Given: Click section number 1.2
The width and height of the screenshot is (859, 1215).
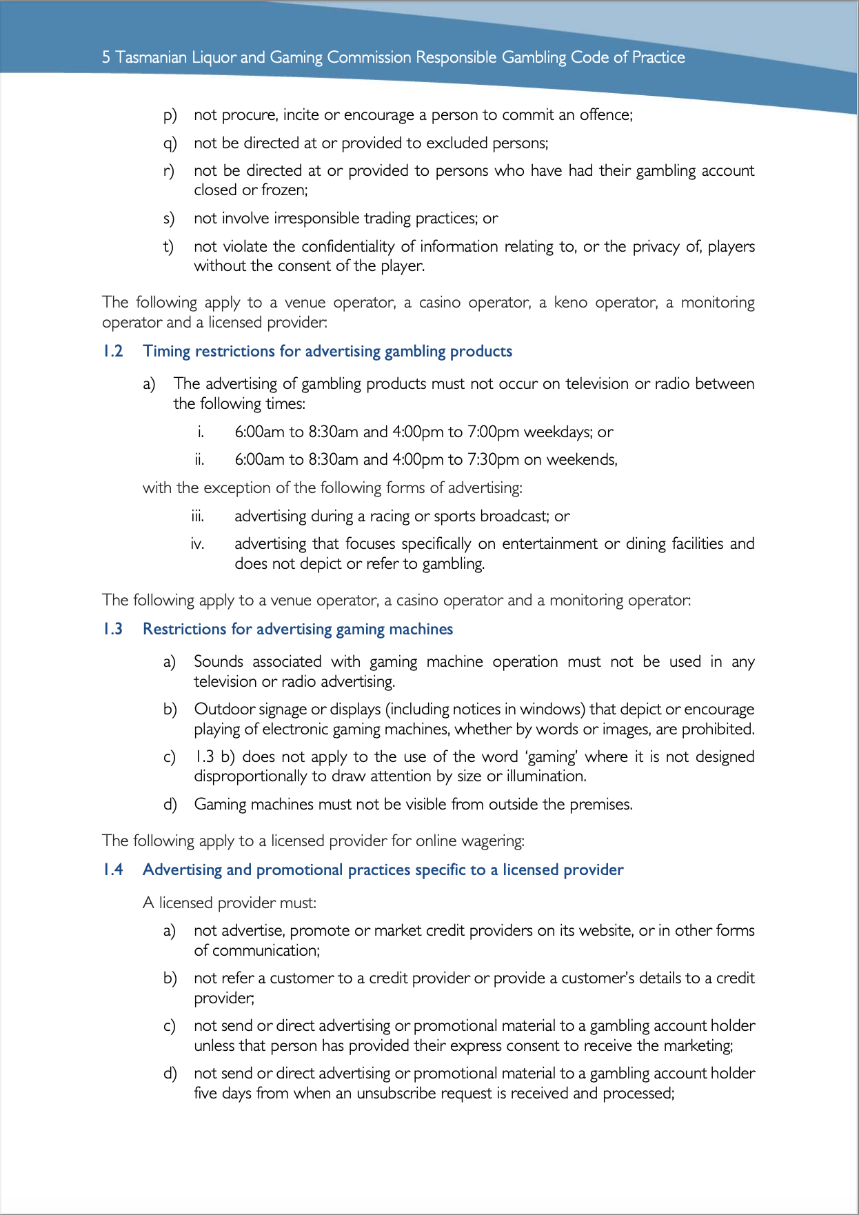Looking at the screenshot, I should pyautogui.click(x=113, y=351).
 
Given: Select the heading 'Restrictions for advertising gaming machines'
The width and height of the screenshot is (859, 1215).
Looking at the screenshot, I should pyautogui.click(x=297, y=629).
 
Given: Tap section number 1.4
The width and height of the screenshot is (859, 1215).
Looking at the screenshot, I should pyautogui.click(x=113, y=870).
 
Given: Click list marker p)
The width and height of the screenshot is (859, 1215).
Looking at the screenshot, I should pyautogui.click(x=170, y=115).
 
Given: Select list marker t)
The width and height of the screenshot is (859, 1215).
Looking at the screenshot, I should pyautogui.click(x=168, y=247).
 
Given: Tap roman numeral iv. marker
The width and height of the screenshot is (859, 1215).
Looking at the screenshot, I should pyautogui.click(x=197, y=544).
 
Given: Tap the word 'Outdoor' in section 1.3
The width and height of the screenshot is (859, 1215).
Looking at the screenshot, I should pyautogui.click(x=220, y=709).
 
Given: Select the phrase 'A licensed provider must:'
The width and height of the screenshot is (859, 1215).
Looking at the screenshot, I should pyautogui.click(x=229, y=903).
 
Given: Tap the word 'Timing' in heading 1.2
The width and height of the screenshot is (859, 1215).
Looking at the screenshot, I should pyautogui.click(x=166, y=351).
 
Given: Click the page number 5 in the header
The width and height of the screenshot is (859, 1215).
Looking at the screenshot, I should pyautogui.click(x=106, y=57).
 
